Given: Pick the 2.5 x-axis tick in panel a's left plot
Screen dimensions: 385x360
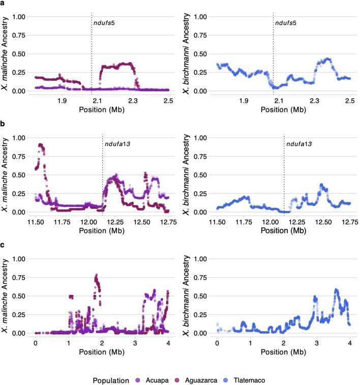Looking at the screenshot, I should [168, 101].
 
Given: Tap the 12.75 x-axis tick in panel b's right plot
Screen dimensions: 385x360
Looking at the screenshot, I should [350, 222].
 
